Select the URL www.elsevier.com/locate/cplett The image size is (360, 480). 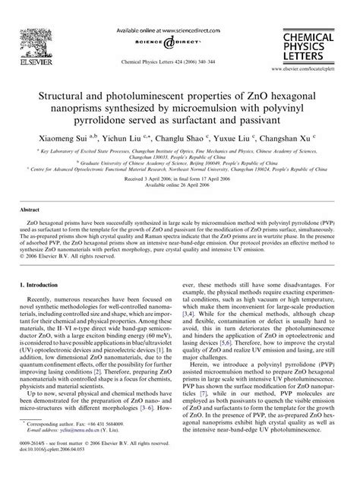(317, 66)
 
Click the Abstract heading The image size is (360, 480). (30, 207)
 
